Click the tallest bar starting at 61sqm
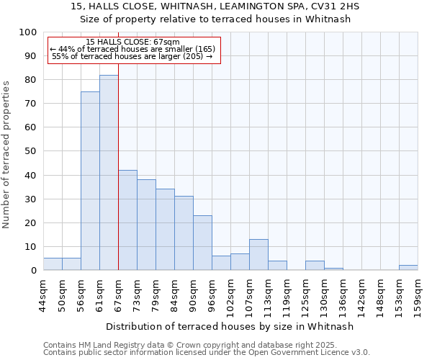[x=109, y=173]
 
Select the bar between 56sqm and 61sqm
[x=90, y=181]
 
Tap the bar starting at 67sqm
[x=127, y=220]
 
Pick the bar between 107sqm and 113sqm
[x=258, y=255]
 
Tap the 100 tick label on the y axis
[x=28, y=32]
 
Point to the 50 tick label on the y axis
[x=31, y=151]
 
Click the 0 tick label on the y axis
[x=34, y=271]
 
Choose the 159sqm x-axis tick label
[x=418, y=296]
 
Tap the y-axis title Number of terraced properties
[x=6, y=154]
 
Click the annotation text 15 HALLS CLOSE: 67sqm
[x=132, y=42]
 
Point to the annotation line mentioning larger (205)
[x=132, y=56]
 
